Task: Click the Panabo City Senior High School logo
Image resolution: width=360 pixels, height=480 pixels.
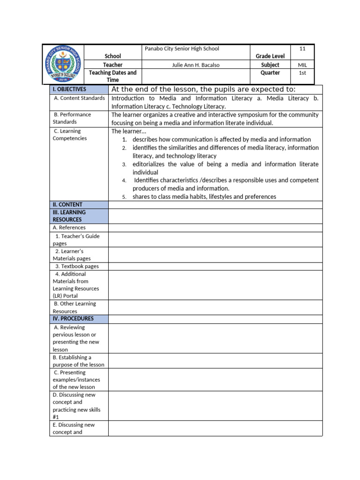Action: (x=63, y=64)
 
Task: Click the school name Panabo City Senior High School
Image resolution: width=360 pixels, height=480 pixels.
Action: (x=182, y=49)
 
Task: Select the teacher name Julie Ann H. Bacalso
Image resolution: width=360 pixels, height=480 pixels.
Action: (x=193, y=65)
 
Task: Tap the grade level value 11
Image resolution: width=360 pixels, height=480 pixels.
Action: (x=302, y=49)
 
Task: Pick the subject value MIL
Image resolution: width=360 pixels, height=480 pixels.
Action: (x=302, y=65)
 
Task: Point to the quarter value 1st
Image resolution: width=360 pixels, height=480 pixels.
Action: (x=302, y=73)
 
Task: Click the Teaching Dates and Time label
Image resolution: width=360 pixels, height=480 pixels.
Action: (x=112, y=76)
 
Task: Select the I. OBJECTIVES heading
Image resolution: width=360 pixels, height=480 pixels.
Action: (x=69, y=89)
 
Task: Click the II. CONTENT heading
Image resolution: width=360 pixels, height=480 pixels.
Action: (x=67, y=205)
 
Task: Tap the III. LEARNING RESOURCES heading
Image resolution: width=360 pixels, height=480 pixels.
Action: (x=69, y=216)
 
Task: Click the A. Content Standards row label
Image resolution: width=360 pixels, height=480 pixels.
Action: (x=79, y=98)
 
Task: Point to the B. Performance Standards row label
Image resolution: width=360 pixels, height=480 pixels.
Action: (x=72, y=118)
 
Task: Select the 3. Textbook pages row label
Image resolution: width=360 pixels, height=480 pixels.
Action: (x=77, y=266)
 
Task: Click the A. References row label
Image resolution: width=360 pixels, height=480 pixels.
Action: (x=70, y=228)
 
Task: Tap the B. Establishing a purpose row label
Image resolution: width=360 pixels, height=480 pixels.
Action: (x=78, y=361)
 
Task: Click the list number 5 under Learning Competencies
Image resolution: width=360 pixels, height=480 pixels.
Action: (x=124, y=197)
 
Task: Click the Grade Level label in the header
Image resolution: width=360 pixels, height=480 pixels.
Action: (x=270, y=56)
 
